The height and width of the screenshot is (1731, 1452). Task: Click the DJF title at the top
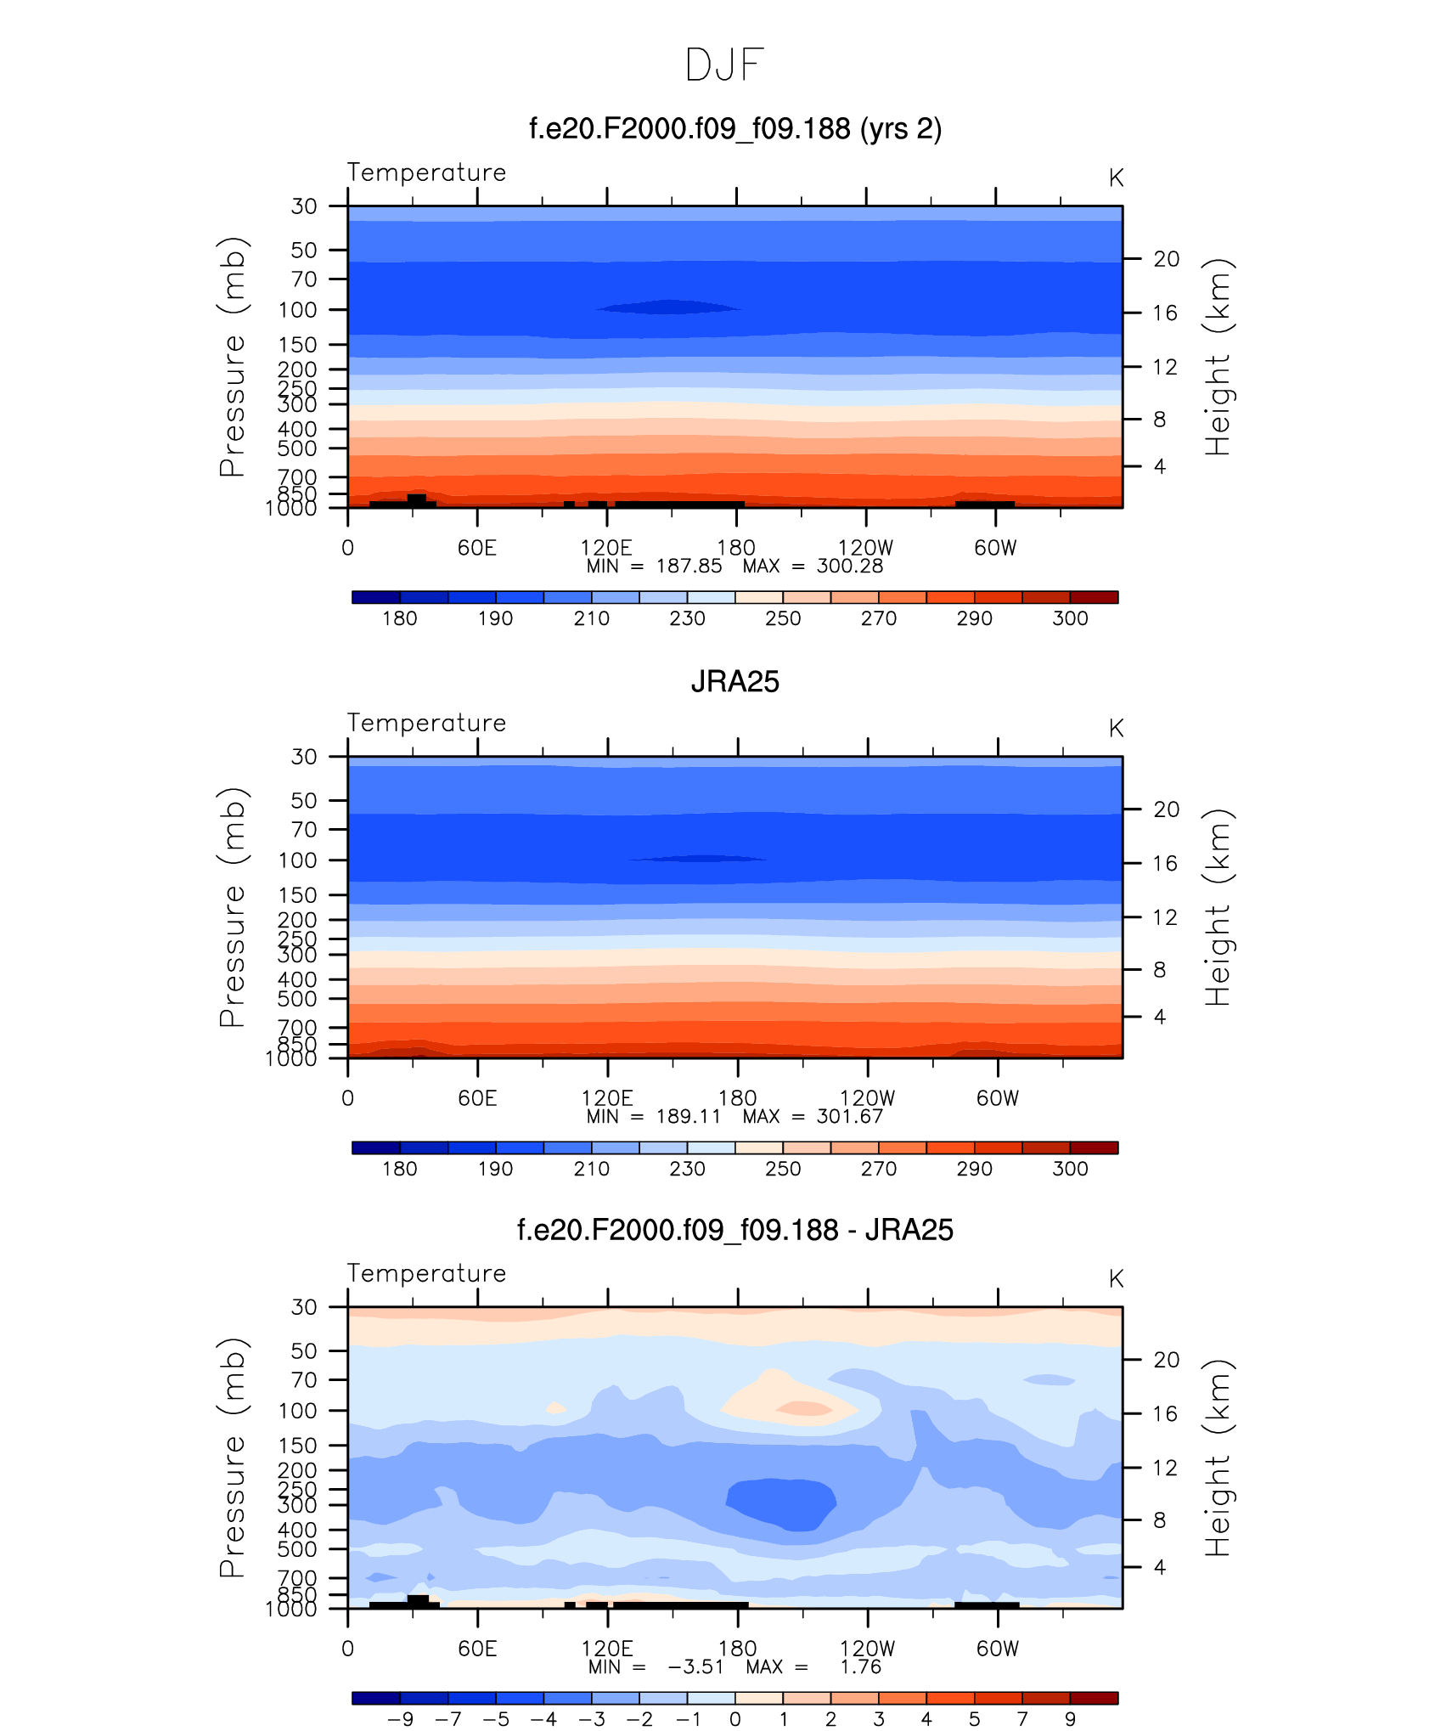[x=724, y=65]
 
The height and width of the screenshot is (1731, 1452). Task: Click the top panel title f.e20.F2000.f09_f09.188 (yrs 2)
[x=735, y=129]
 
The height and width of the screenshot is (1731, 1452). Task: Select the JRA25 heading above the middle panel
[x=734, y=681]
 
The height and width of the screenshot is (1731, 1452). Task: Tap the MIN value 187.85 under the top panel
[x=689, y=567]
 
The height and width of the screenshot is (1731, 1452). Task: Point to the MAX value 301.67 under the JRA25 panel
[x=849, y=1117]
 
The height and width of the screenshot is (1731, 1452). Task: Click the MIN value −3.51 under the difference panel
[x=695, y=1666]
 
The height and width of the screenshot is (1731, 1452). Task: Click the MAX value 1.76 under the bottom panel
[x=860, y=1666]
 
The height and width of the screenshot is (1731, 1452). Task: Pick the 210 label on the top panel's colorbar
[x=591, y=618]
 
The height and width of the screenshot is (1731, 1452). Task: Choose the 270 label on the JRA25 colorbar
[x=878, y=1169]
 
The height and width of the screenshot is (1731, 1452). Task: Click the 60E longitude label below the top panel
[x=476, y=548]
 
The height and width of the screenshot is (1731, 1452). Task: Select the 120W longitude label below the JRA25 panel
[x=867, y=1098]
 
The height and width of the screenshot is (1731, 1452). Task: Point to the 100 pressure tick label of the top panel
[x=297, y=310]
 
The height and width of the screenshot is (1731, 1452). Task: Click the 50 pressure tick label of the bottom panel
[x=304, y=1350]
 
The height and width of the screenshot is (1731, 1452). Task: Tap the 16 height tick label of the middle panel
[x=1165, y=863]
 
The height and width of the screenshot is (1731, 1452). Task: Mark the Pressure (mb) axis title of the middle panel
[x=232, y=907]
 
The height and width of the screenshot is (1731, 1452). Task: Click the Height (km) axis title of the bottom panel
[x=1218, y=1458]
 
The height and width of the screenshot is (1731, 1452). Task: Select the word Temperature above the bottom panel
[x=426, y=1273]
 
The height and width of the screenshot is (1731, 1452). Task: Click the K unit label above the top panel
[x=1116, y=178]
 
